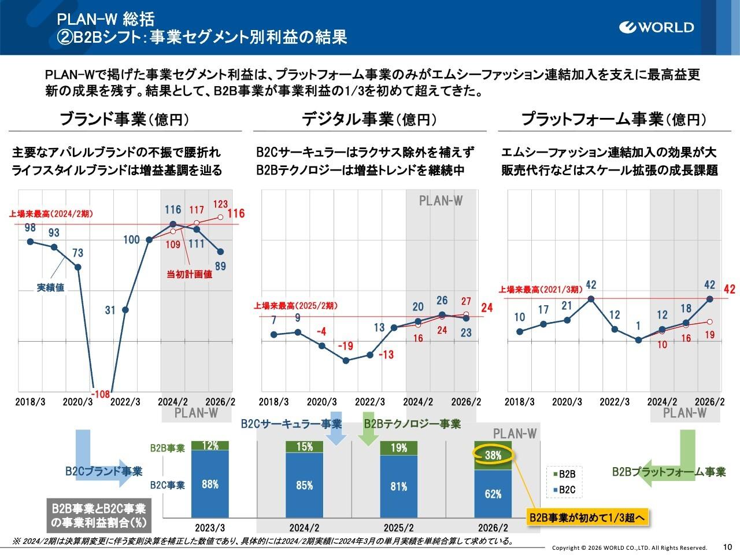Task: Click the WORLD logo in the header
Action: (x=657, y=27)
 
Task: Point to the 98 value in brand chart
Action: (x=30, y=228)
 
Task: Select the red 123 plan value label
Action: (x=221, y=204)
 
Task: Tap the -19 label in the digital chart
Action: (x=346, y=346)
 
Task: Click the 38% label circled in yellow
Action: (x=493, y=455)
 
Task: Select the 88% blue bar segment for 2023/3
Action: (x=210, y=484)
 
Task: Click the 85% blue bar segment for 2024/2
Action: (x=305, y=486)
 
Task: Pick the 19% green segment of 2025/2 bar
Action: (x=398, y=448)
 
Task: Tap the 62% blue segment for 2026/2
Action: (x=493, y=494)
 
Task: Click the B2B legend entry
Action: (x=564, y=475)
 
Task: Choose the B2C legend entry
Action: (x=564, y=491)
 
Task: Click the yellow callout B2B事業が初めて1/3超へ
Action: (x=586, y=517)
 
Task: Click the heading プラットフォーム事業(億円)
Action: (x=613, y=120)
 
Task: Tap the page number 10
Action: (x=727, y=546)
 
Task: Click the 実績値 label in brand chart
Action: (x=51, y=287)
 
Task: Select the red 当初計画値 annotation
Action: (x=190, y=274)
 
